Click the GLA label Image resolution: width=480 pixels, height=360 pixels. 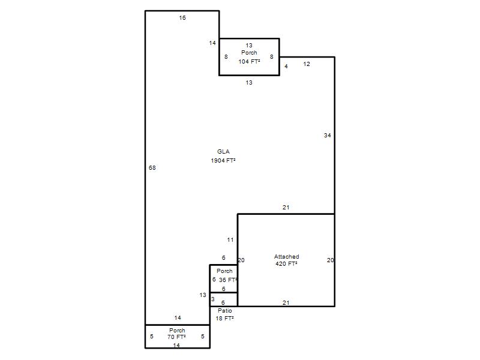(x=223, y=152)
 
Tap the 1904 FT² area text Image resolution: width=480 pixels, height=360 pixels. (x=223, y=160)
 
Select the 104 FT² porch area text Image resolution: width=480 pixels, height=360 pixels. (x=249, y=62)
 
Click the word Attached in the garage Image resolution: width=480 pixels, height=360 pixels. (x=287, y=257)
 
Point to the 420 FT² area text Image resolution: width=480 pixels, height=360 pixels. (x=286, y=263)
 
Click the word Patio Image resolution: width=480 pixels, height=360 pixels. (x=225, y=310)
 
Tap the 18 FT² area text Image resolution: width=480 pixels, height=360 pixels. (x=224, y=319)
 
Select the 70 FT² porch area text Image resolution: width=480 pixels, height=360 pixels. (x=176, y=337)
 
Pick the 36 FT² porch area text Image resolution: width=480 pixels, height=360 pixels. (x=228, y=280)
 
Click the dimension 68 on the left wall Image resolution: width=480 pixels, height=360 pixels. (x=152, y=168)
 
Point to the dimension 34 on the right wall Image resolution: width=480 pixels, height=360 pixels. (x=327, y=136)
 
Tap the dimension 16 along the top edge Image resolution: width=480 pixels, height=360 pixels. (x=182, y=18)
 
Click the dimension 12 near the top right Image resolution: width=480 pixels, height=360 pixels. (x=307, y=64)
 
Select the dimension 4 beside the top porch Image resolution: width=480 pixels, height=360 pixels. (x=286, y=66)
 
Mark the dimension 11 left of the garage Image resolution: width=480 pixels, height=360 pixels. (x=230, y=240)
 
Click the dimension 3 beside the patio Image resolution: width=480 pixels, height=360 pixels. (x=213, y=299)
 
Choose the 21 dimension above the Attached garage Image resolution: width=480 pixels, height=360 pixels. (x=286, y=208)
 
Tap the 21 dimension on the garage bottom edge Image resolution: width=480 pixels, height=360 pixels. (x=286, y=303)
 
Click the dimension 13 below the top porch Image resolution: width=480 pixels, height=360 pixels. (x=249, y=83)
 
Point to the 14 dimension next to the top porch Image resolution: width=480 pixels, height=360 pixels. (x=212, y=43)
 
